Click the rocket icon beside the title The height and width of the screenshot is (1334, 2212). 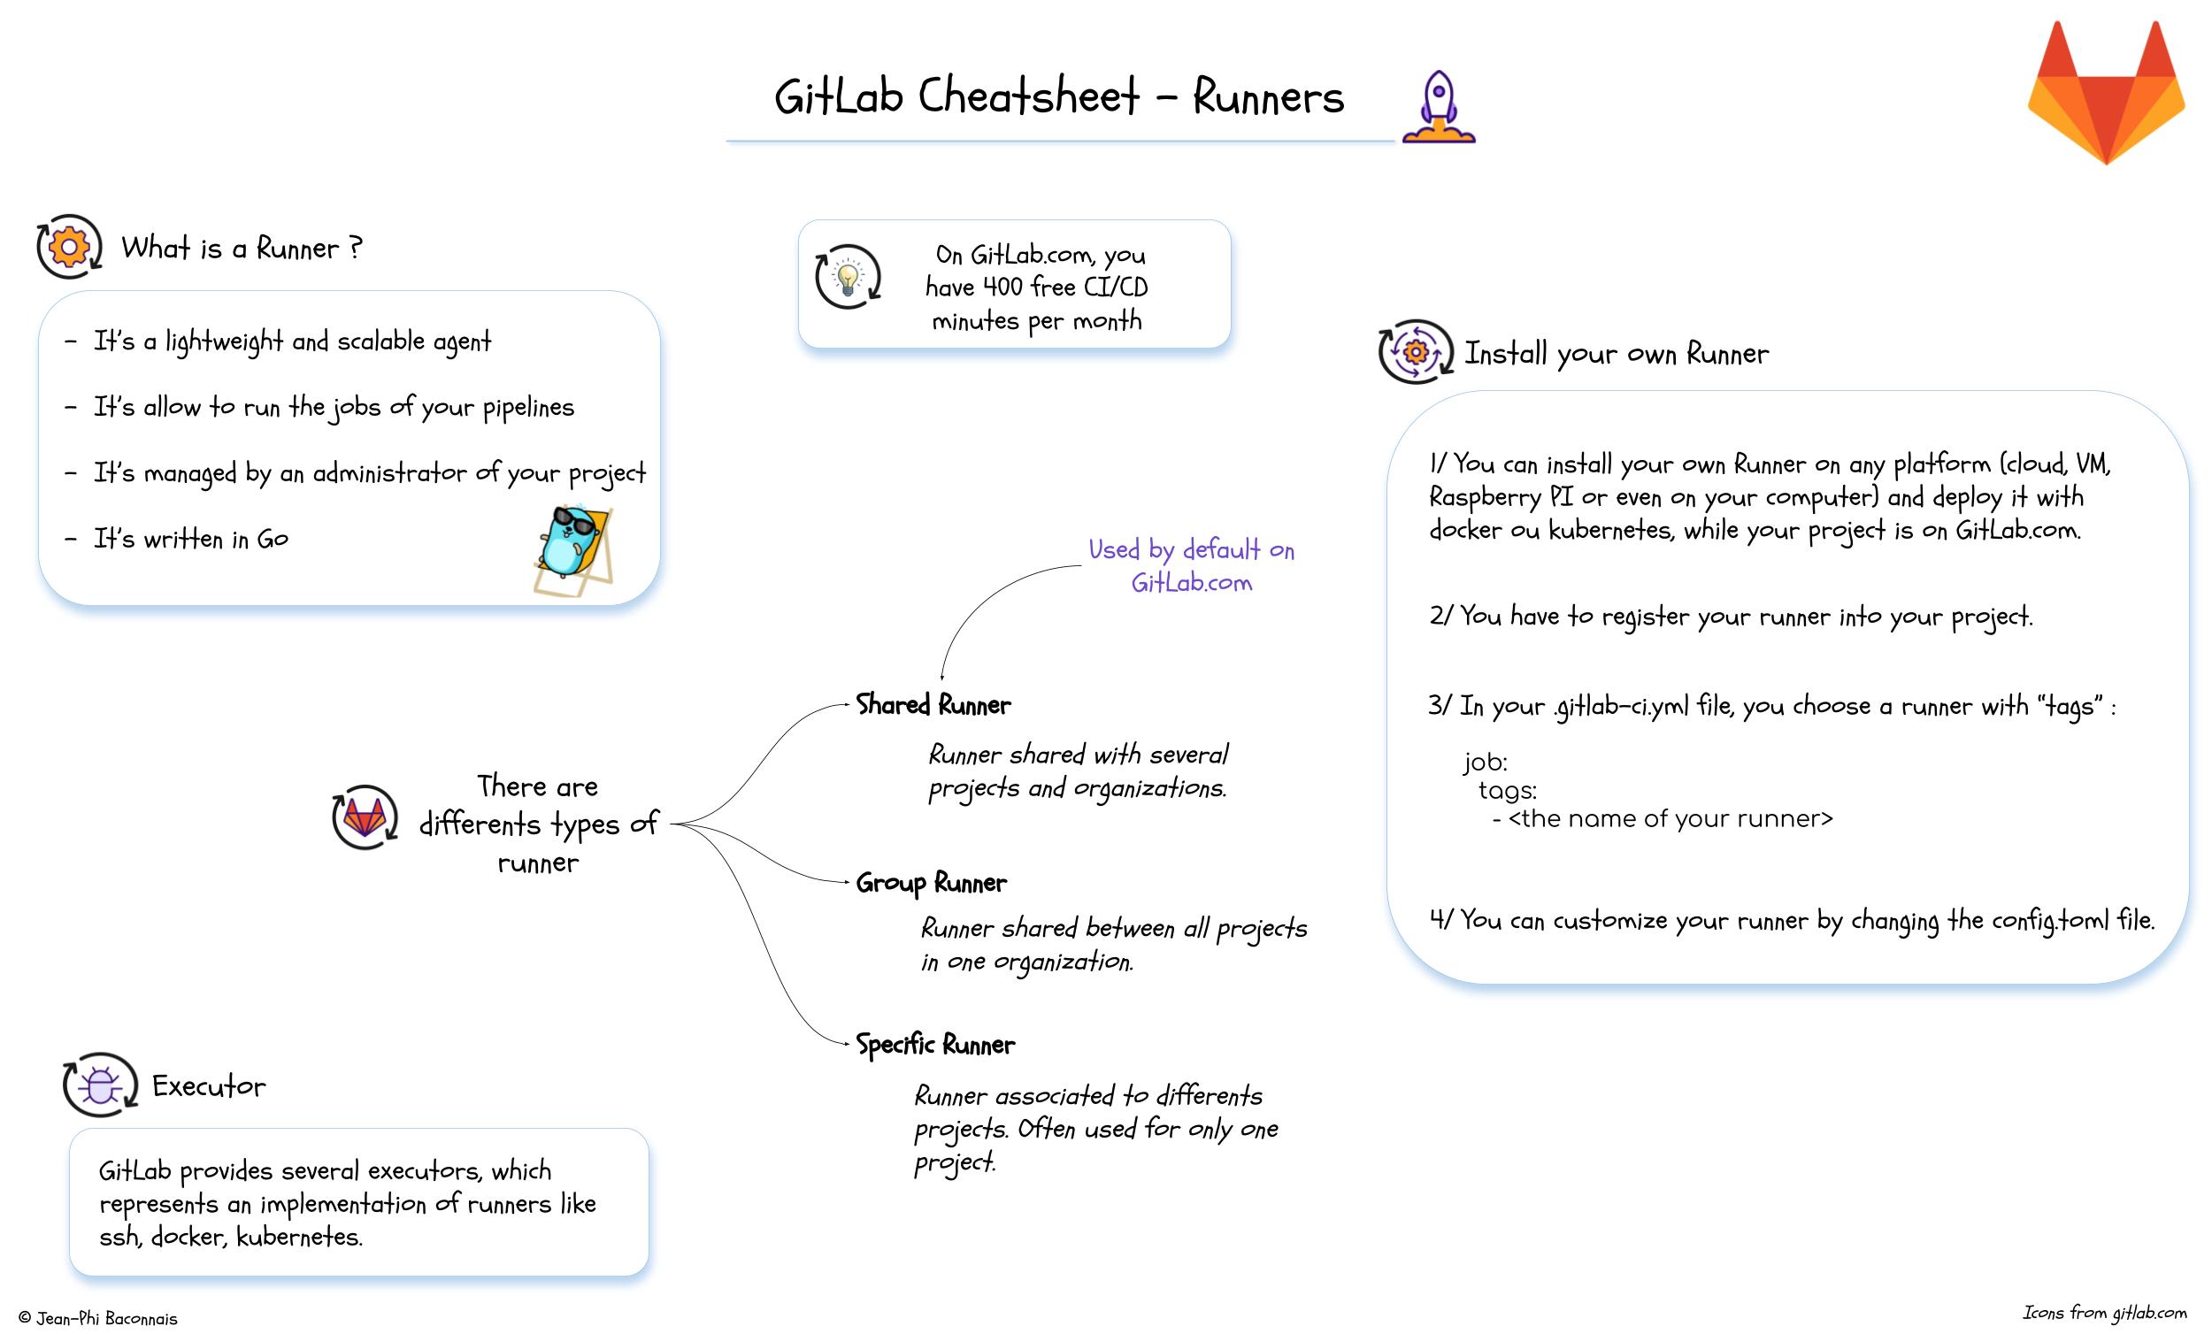coord(1439,107)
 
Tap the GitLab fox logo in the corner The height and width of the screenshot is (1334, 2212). coord(2106,94)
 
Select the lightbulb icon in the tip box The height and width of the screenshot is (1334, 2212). coord(848,277)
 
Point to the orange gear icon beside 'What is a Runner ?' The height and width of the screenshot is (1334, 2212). coord(69,246)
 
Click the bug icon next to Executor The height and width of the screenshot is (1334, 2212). coord(100,1085)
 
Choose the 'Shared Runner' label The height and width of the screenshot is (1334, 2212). coord(933,705)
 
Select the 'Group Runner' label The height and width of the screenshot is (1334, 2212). coord(931,883)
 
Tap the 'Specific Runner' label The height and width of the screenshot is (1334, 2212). coord(934,1044)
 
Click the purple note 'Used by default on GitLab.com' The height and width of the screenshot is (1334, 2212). coord(1191,565)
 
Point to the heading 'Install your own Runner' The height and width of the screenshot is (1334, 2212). coord(1616,354)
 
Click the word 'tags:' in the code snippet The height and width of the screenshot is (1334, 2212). coord(1508,791)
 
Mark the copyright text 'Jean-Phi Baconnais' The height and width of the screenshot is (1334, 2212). coord(106,1318)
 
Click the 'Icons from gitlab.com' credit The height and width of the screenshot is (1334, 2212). coord(2104,1313)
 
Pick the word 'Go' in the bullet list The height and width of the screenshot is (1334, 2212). coord(272,539)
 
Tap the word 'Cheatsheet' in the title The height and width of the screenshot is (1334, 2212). coord(1028,97)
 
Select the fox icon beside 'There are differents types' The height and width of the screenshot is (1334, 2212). coord(365,816)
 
